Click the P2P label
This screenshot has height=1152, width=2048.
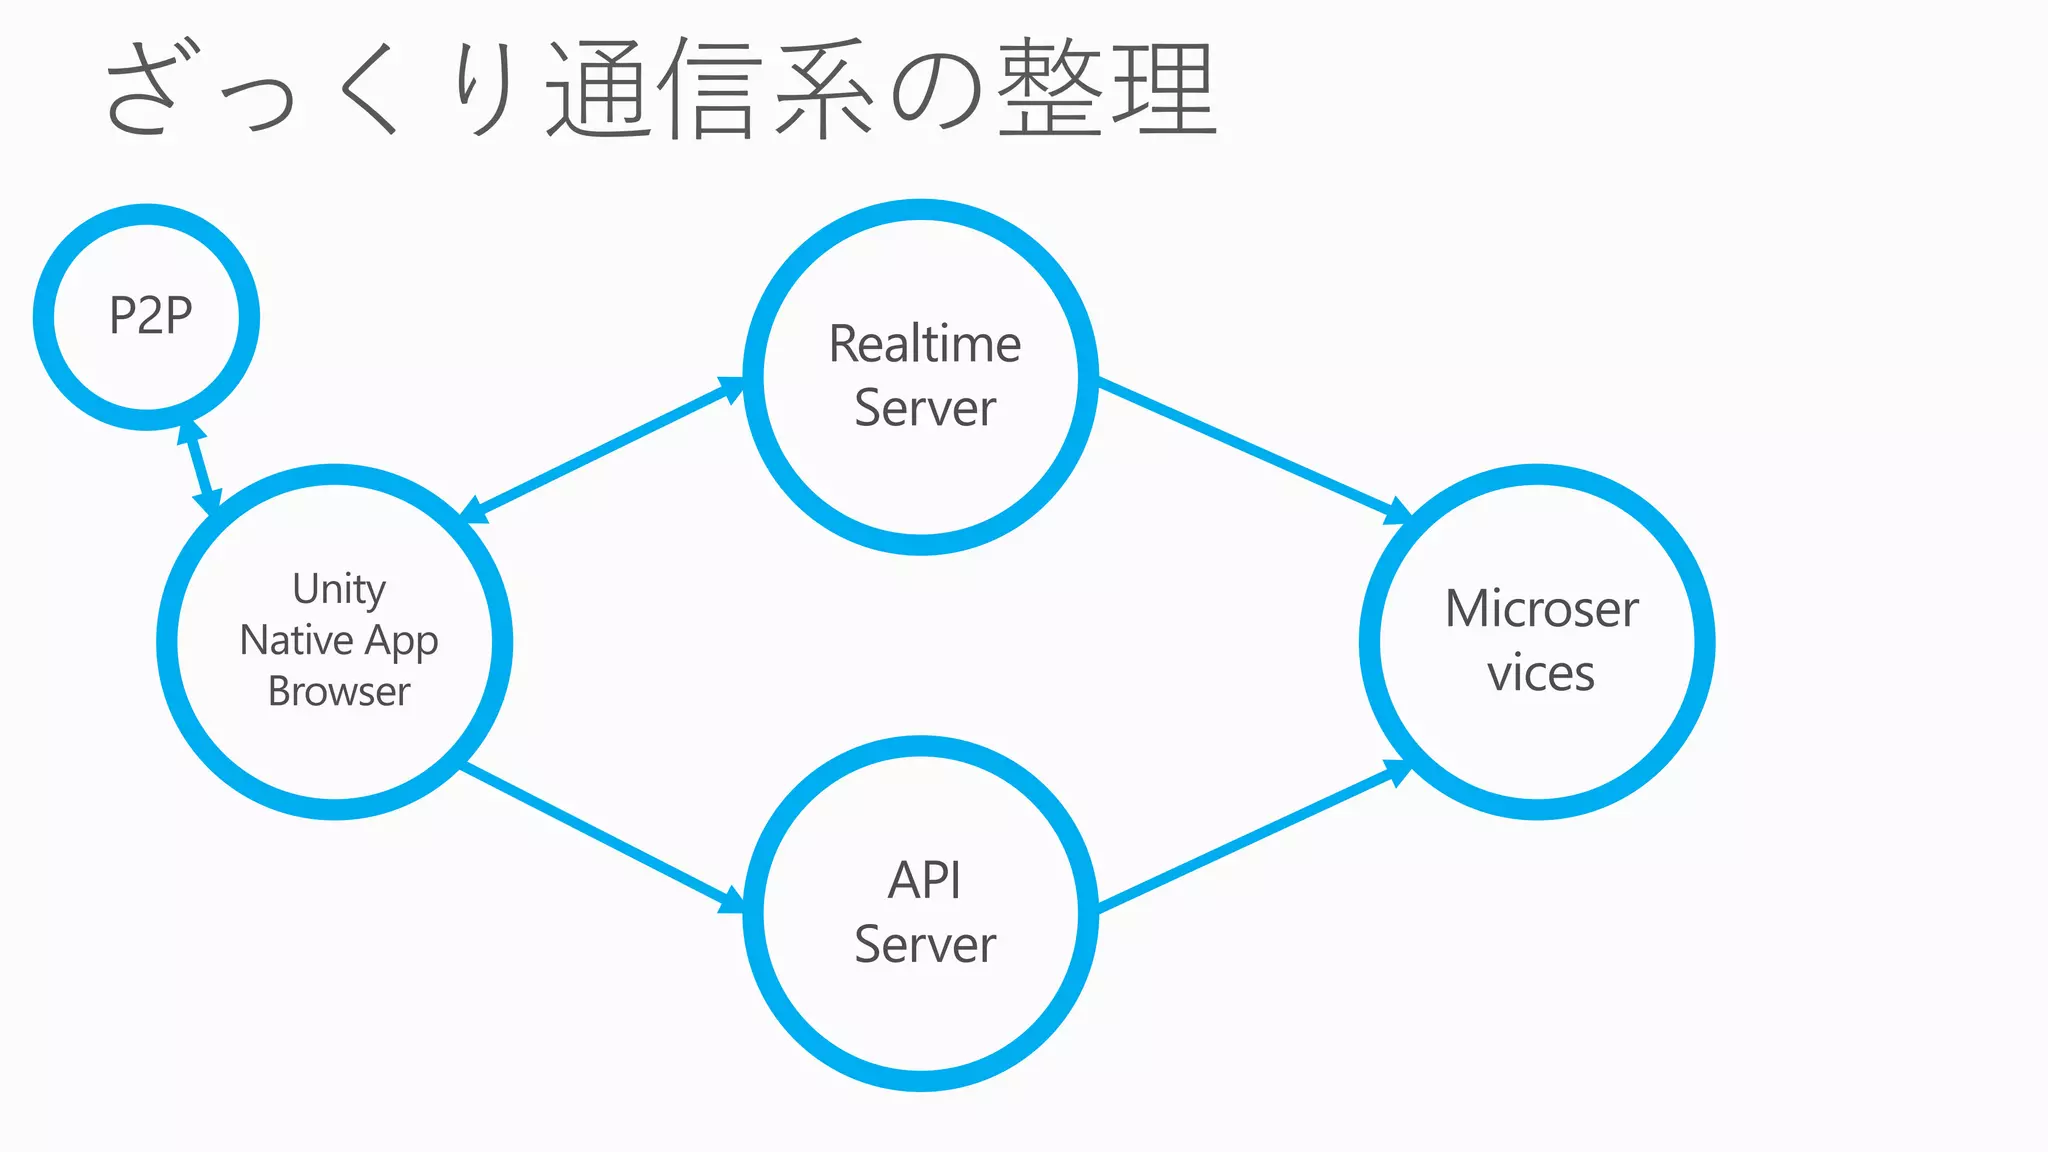click(x=150, y=317)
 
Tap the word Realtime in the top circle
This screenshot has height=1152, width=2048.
click(x=925, y=345)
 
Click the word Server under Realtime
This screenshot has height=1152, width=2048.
click(x=925, y=409)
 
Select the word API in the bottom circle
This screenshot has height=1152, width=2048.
click(x=925, y=881)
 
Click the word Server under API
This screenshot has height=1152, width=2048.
click(x=925, y=945)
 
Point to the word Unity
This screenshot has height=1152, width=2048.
click(x=339, y=589)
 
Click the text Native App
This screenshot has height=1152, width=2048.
click(x=339, y=641)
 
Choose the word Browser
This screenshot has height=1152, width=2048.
click(x=339, y=692)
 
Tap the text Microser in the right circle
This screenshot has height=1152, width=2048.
click(x=1541, y=609)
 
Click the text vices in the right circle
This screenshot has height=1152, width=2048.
click(x=1540, y=673)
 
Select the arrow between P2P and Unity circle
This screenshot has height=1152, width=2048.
click(x=198, y=467)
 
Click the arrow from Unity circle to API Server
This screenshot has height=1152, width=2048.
click(x=600, y=837)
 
